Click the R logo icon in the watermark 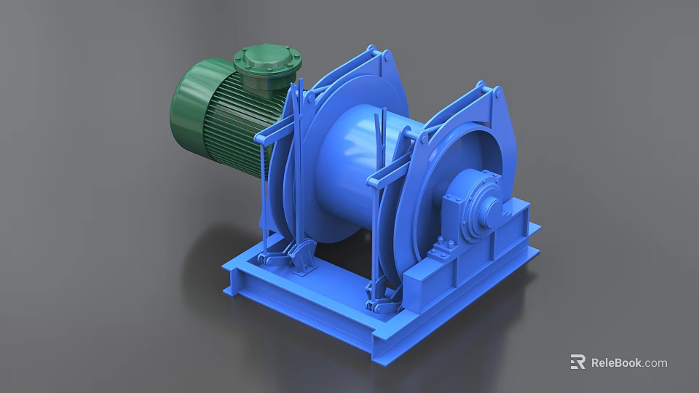(577, 362)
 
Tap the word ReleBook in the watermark (616, 362)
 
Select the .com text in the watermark (655, 362)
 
